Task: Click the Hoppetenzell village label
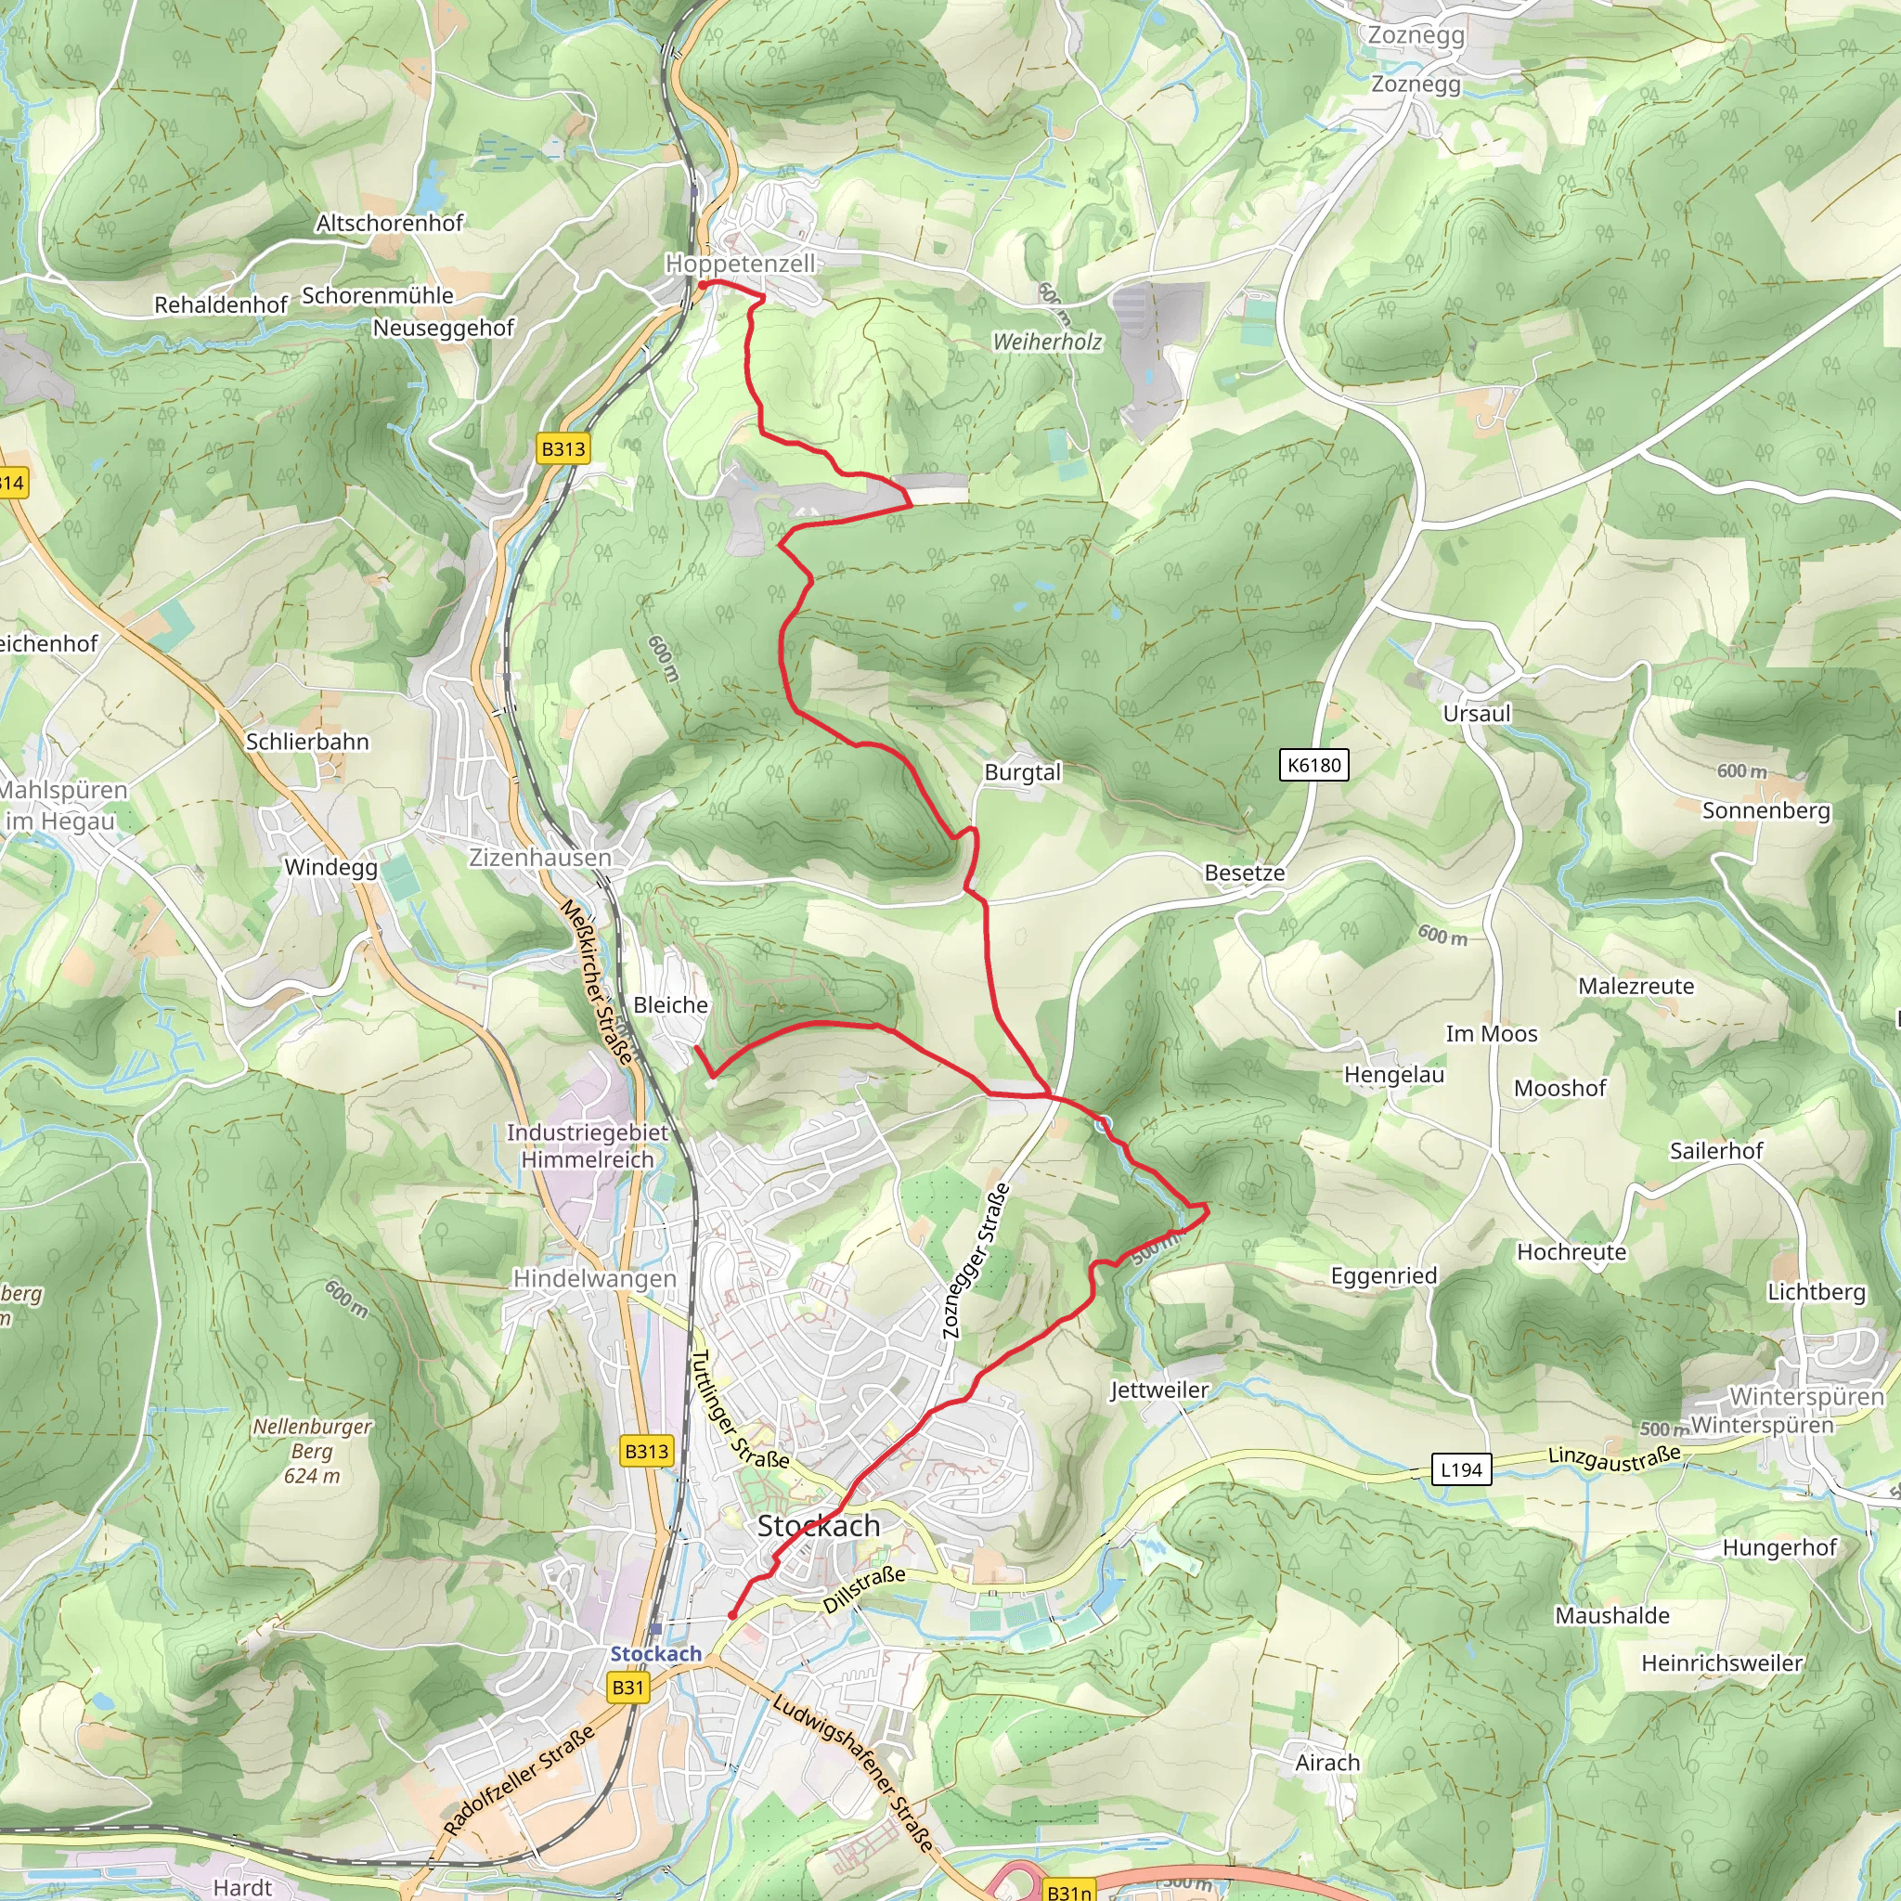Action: click(x=740, y=264)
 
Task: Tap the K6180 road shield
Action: click(x=1313, y=765)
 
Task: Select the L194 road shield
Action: click(x=1460, y=1470)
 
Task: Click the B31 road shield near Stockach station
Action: click(x=627, y=1688)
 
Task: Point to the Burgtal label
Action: click(x=1022, y=772)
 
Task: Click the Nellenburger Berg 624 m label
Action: click(x=312, y=1451)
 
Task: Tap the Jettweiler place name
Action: click(x=1159, y=1390)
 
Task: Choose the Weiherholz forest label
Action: click(x=1047, y=343)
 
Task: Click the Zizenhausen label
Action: click(x=539, y=858)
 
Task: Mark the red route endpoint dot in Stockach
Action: click(x=732, y=1616)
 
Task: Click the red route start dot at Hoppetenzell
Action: click(x=703, y=285)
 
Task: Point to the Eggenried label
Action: click(x=1383, y=1276)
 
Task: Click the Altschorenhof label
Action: click(x=389, y=224)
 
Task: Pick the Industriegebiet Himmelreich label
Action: click(x=588, y=1146)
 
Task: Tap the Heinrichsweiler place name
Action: click(x=1722, y=1662)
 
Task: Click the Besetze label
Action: click(x=1244, y=873)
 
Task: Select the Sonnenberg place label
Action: click(x=1766, y=810)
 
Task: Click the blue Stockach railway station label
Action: click(x=655, y=1654)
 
